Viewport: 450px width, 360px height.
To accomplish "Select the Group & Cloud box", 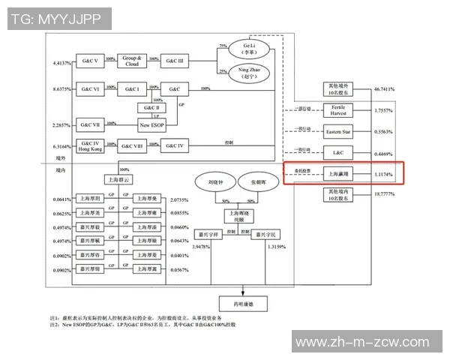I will (133, 59).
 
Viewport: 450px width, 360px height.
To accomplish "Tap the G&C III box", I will (175, 59).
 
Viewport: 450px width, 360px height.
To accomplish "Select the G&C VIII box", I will (133, 145).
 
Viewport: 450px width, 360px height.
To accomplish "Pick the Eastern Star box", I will (337, 132).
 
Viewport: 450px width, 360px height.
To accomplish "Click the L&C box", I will (337, 154).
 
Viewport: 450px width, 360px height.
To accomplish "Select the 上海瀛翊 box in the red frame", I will (337, 174).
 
